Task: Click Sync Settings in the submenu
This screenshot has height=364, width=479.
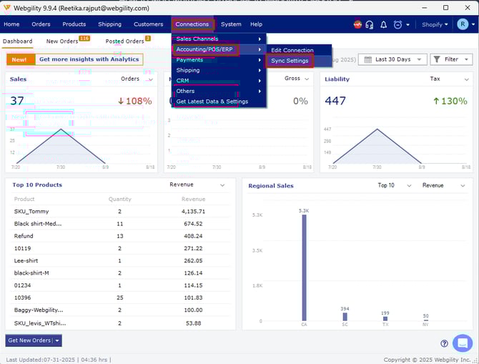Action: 290,61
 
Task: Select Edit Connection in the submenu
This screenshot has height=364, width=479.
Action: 292,50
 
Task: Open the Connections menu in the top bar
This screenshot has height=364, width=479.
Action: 192,24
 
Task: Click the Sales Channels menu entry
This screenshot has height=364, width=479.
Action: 197,39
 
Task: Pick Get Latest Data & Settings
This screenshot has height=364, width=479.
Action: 212,102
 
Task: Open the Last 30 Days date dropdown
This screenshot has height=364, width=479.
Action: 390,59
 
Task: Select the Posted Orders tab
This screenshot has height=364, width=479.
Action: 124,41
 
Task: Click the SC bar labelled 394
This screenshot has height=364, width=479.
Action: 345,317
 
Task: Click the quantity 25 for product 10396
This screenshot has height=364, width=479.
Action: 119,297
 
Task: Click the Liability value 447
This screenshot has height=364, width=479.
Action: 335,101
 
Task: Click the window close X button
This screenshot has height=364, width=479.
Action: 466,7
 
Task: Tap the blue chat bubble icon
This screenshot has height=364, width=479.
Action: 463,343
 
